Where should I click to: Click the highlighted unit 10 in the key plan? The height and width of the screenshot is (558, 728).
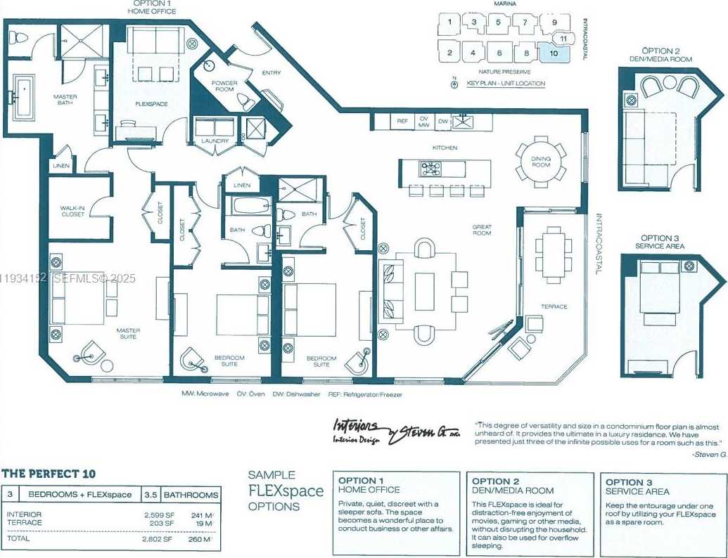[x=554, y=53]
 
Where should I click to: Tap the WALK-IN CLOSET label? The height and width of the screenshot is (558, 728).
[x=72, y=211]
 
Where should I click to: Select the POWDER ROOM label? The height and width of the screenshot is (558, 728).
[x=224, y=86]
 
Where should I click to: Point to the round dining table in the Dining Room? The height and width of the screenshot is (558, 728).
[x=540, y=162]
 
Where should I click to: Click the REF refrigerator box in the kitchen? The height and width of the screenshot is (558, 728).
[x=402, y=122]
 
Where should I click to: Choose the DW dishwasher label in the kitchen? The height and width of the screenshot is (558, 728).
[x=442, y=122]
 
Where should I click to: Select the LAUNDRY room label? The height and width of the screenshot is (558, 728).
[x=215, y=141]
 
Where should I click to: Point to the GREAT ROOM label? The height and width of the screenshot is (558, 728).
[x=482, y=230]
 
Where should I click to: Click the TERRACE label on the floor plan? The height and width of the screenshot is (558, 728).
[x=554, y=306]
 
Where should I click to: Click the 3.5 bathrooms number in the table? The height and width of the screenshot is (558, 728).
[x=151, y=495]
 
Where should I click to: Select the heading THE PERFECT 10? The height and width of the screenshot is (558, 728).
[x=49, y=474]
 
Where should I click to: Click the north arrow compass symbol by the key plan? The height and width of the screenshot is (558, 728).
[x=454, y=84]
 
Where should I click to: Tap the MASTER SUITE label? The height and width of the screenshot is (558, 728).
[x=128, y=334]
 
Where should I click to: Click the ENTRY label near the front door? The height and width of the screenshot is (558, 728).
[x=271, y=72]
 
